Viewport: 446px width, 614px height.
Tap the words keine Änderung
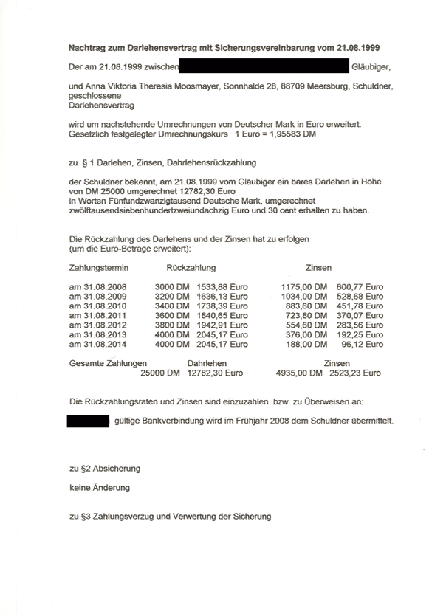(x=100, y=488)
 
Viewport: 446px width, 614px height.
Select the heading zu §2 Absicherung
(x=105, y=469)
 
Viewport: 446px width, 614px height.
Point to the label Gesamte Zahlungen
(x=108, y=364)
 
